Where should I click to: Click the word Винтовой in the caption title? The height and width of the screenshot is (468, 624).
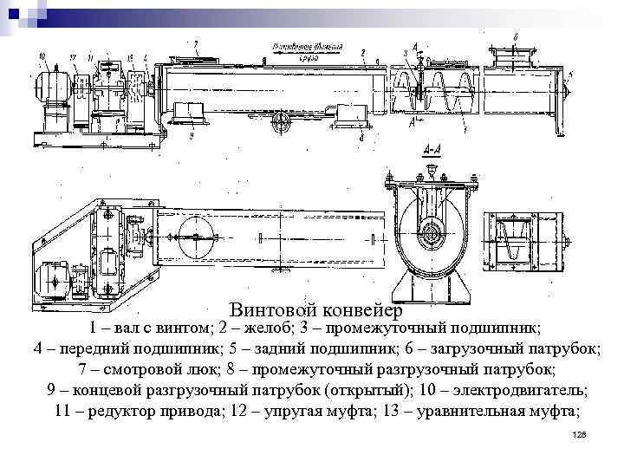point(273,309)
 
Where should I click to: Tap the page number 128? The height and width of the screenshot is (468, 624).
point(580,433)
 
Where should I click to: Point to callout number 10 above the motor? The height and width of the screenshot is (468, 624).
point(42,56)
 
